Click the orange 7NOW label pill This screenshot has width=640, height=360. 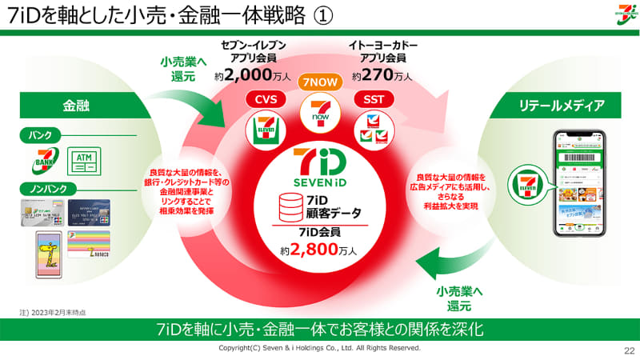click(319, 82)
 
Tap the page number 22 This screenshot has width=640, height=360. click(628, 350)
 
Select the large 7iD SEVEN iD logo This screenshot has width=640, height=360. click(320, 169)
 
